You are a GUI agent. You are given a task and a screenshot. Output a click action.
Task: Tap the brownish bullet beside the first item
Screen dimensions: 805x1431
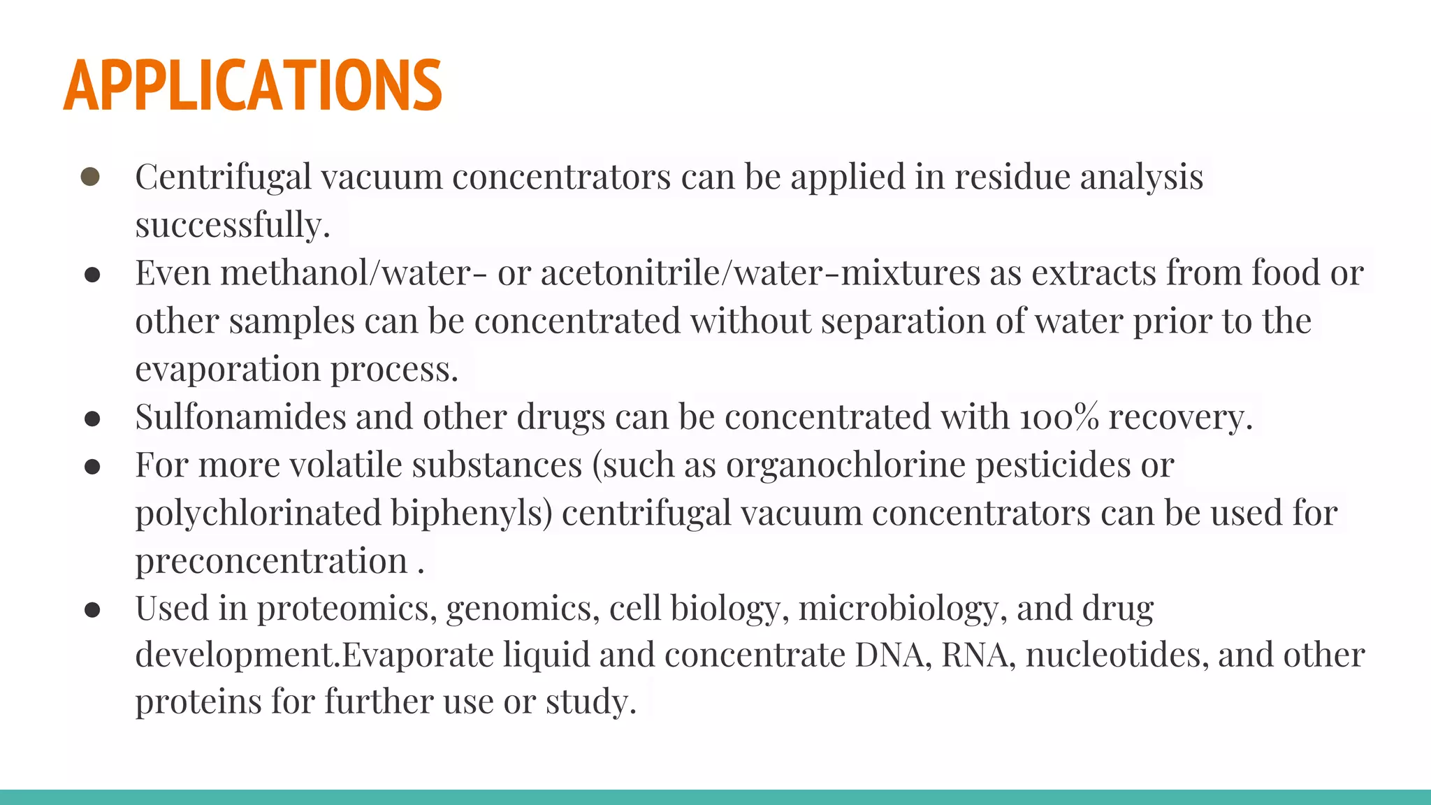tap(90, 176)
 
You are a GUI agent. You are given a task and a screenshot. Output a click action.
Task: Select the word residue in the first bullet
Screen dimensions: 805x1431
tap(1012, 176)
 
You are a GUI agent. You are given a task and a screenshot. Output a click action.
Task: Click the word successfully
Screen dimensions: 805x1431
tap(232, 225)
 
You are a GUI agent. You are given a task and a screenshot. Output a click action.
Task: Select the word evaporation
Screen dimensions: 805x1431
tap(228, 369)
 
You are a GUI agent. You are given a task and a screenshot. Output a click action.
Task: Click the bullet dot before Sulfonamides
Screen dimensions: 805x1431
tap(92, 419)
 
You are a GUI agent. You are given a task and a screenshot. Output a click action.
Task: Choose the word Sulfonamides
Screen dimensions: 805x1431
tap(240, 417)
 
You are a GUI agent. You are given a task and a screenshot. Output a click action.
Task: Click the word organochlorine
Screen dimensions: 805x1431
tap(845, 465)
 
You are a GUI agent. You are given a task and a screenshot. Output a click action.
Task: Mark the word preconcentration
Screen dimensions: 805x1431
tap(271, 561)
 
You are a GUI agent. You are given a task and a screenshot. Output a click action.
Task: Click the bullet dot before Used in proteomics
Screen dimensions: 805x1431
tap(92, 610)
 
